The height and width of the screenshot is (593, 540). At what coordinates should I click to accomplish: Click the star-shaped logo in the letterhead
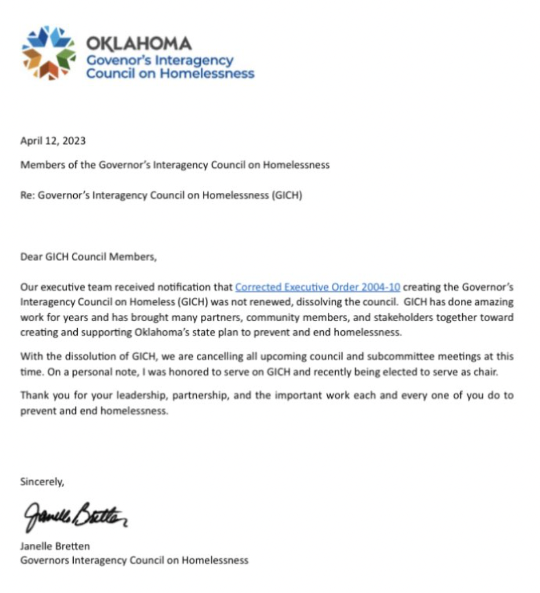[x=49, y=53]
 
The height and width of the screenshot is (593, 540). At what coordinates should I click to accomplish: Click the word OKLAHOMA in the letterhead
[x=138, y=43]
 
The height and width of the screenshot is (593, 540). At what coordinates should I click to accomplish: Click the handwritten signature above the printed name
[x=74, y=516]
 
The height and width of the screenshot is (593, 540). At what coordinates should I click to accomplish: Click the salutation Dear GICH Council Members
[x=88, y=257]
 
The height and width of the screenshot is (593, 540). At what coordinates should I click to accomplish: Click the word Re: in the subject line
[x=27, y=195]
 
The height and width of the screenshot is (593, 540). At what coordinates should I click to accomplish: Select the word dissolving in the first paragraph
[x=342, y=302]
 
